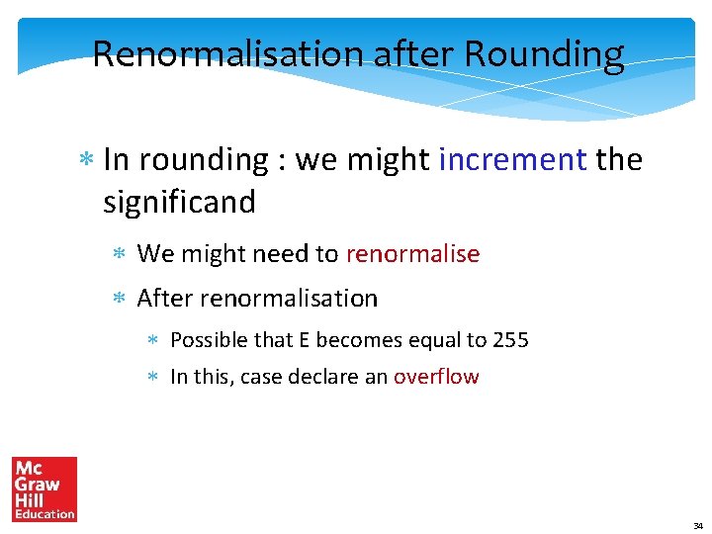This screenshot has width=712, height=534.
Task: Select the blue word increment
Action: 512,159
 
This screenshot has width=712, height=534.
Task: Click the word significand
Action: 179,202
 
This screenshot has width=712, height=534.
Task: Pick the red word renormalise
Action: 412,254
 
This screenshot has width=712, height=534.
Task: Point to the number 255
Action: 510,340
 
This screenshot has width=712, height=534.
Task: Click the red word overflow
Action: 436,377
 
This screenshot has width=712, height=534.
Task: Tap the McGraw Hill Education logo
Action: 44,489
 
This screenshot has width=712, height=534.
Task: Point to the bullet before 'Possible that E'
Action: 153,341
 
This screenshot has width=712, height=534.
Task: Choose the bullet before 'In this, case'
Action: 153,378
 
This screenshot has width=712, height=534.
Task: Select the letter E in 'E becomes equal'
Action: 306,340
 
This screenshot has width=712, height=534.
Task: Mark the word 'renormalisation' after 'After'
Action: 288,298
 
